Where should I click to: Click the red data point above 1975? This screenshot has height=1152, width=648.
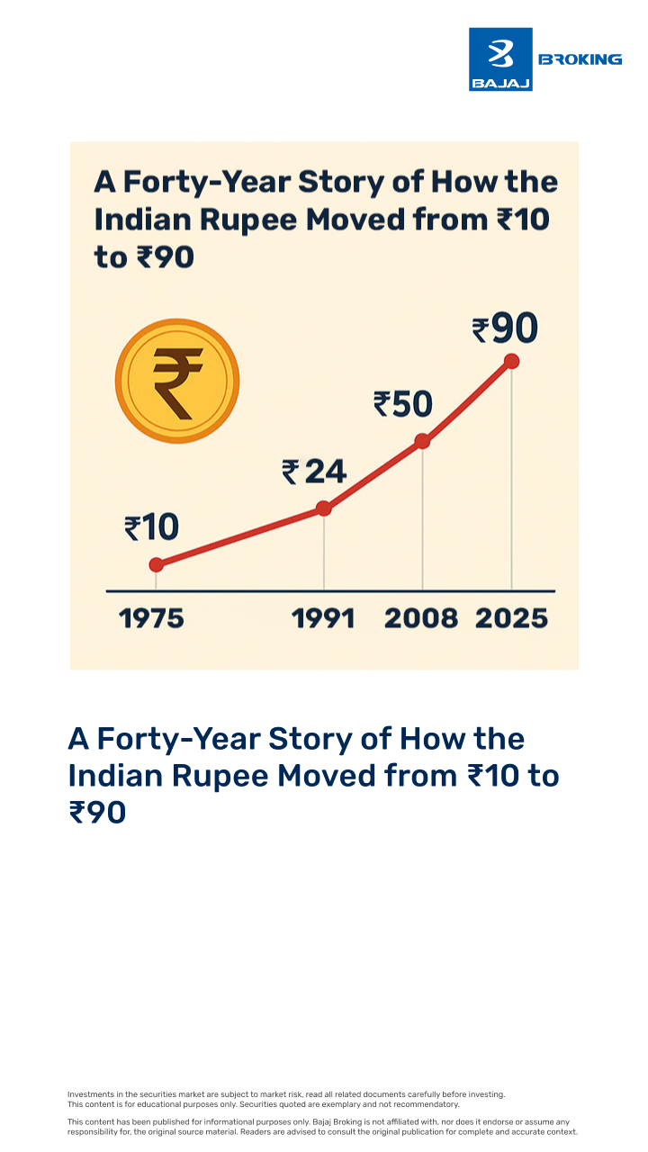click(x=157, y=564)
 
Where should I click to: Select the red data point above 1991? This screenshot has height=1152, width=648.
click(x=324, y=508)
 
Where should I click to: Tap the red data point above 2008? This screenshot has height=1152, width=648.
click(x=422, y=441)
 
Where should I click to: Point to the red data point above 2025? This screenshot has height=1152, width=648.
click(x=512, y=361)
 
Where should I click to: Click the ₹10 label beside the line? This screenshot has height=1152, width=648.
click(x=151, y=527)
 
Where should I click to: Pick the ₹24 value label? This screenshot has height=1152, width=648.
click(x=314, y=471)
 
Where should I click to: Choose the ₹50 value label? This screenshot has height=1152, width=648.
click(x=403, y=404)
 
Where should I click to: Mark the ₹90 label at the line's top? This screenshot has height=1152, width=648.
click(x=505, y=329)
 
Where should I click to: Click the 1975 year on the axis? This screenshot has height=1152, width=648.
click(x=151, y=619)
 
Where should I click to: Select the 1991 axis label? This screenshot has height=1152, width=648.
click(x=324, y=619)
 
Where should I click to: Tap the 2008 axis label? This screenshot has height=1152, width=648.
click(x=421, y=619)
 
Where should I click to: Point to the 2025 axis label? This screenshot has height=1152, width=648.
click(x=511, y=619)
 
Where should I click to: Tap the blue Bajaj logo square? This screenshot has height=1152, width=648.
click(x=500, y=59)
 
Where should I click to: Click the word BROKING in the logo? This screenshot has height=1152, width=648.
click(x=580, y=59)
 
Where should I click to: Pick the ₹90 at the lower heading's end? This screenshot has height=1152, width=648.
click(x=97, y=813)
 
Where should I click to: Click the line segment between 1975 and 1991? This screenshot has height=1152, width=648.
click(x=240, y=536)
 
